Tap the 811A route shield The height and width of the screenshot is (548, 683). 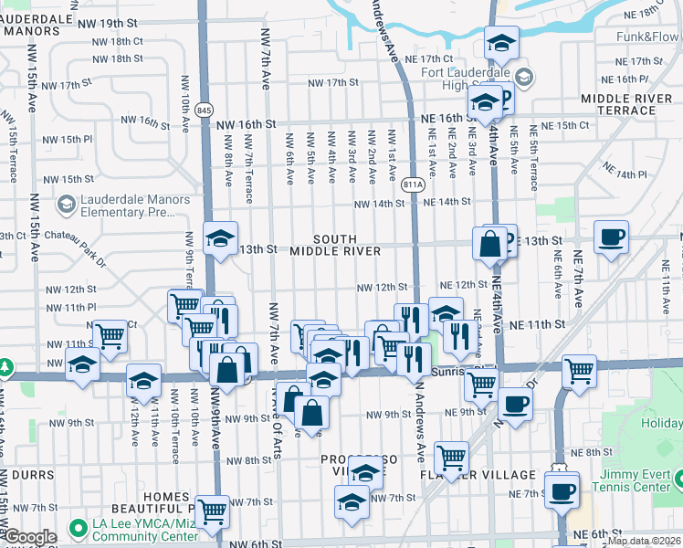click(413, 184)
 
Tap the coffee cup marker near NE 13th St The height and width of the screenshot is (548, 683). click(611, 237)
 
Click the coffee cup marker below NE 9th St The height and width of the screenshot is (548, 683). click(514, 403)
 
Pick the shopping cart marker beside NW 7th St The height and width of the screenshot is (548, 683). click(212, 511)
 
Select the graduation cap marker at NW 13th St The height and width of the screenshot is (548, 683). click(219, 239)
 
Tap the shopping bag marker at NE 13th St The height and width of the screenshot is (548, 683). click(490, 244)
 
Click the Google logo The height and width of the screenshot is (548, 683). click(29, 538)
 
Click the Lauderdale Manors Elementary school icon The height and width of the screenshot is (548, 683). click(66, 205)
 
